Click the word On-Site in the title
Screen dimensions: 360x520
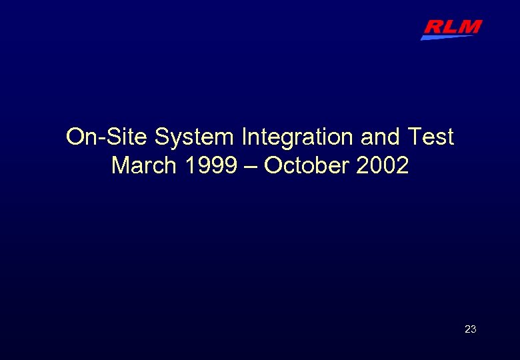[107, 137]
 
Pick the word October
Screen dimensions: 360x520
[307, 165]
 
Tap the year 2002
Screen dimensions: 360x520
[382, 165]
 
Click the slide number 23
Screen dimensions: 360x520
[470, 329]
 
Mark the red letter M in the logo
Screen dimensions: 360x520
[469, 27]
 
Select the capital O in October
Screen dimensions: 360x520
[273, 165]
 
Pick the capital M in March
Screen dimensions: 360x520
[120, 165]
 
